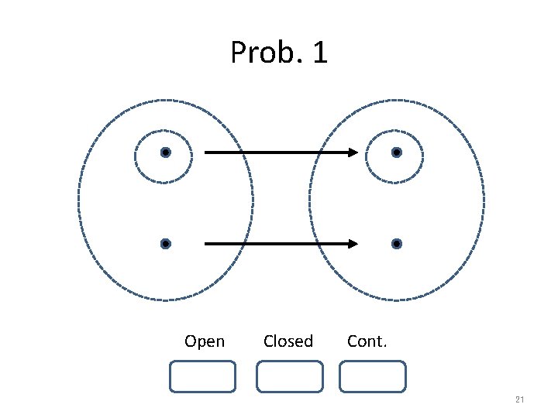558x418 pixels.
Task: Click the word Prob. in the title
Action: point(260,53)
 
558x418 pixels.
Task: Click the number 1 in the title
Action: point(319,53)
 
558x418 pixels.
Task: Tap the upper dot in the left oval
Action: point(165,152)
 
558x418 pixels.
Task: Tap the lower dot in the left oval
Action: point(165,244)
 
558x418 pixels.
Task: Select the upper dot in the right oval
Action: point(396,152)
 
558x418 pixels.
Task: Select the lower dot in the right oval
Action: point(396,244)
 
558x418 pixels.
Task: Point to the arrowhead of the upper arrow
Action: point(353,152)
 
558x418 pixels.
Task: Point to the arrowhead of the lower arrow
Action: point(353,244)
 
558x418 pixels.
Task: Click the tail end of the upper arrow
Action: point(206,152)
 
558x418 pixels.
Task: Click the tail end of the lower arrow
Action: point(206,244)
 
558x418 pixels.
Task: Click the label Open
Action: point(205,341)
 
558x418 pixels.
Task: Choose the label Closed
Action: point(288,341)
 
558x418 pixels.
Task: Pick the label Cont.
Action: point(367,341)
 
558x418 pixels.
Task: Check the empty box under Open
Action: point(202,377)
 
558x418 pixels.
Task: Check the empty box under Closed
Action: point(289,377)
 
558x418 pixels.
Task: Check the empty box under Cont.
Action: point(373,377)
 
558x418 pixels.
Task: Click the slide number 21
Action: point(519,399)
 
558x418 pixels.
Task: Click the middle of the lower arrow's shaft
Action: point(279,244)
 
